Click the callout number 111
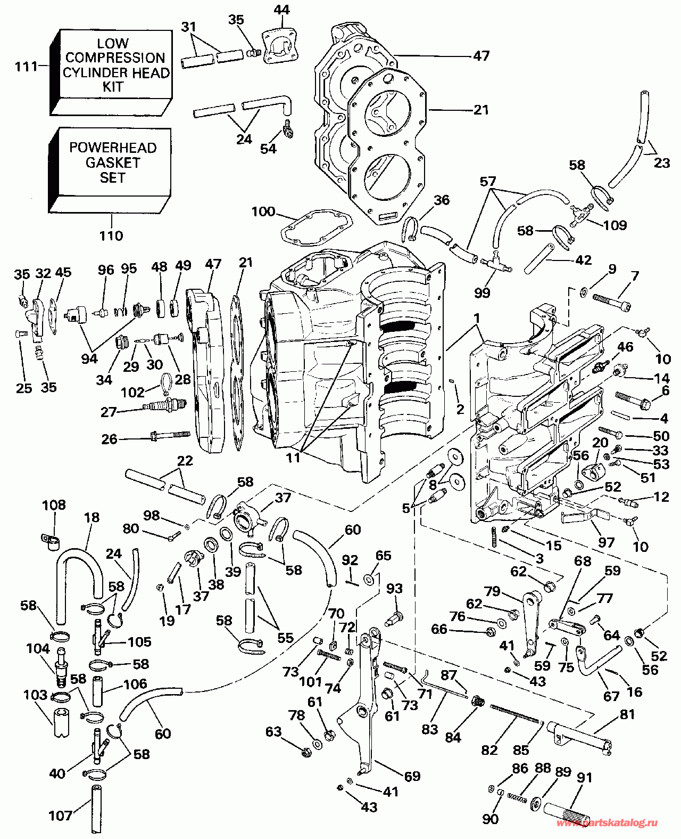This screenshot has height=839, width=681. point(26,67)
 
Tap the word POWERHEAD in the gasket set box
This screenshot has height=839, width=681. point(113,148)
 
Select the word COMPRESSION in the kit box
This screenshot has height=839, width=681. point(115,58)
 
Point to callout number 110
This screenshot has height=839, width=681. point(111,235)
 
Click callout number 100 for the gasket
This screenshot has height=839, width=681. point(263,212)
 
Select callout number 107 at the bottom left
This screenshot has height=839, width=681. point(60,816)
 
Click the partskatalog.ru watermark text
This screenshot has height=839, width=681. point(606,824)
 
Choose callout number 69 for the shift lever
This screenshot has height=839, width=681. point(412,776)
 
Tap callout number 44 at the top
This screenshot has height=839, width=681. point(281,10)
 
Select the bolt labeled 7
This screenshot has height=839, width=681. point(611,302)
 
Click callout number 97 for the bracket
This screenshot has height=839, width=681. point(606,542)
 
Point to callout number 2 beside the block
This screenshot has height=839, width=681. point(460,409)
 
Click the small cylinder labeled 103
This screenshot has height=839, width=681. point(62,722)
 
